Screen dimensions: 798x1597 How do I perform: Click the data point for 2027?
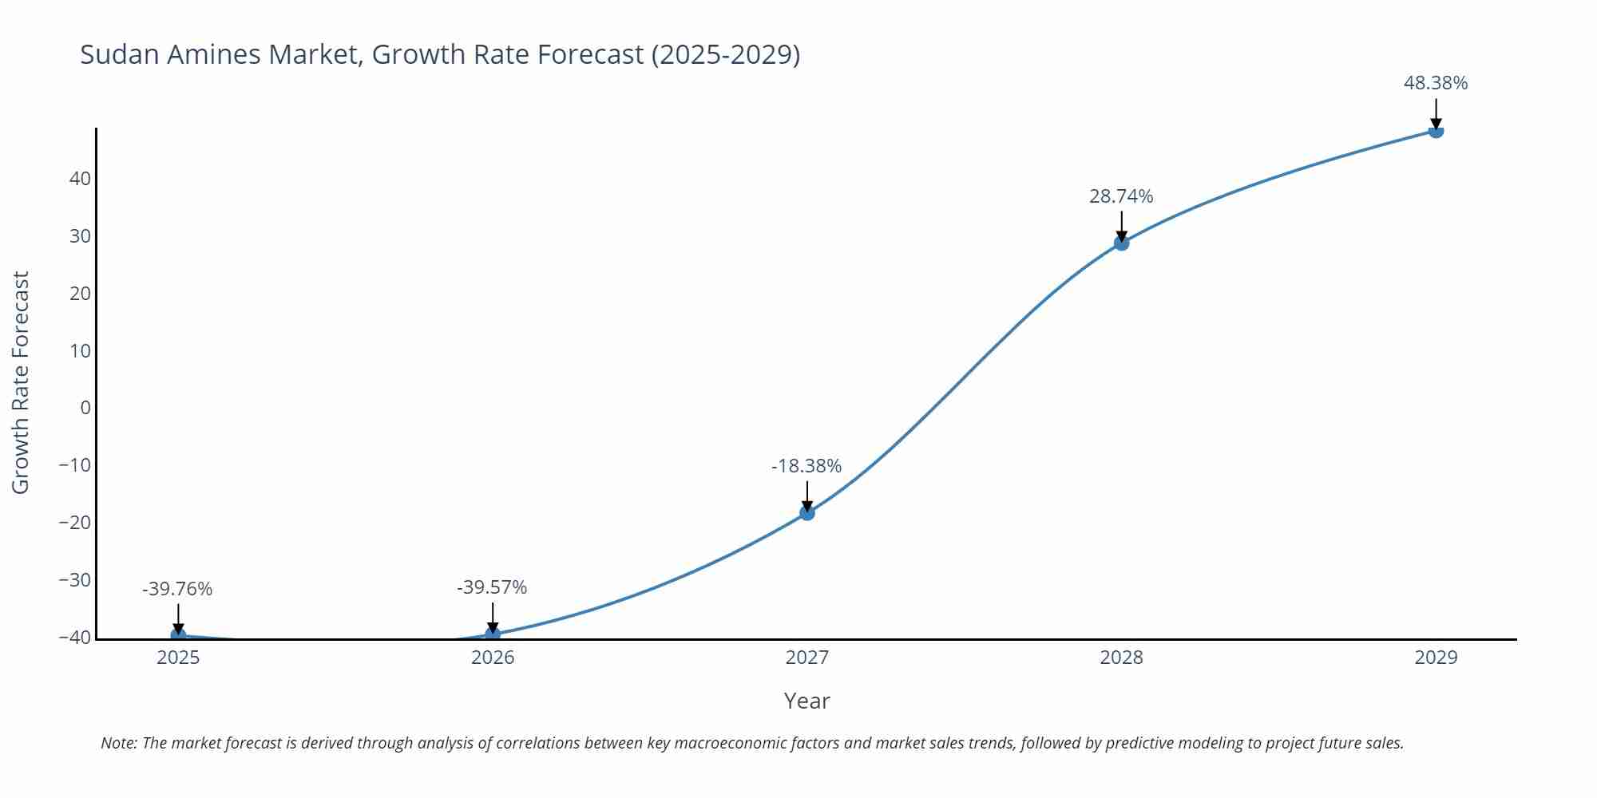pyautogui.click(x=806, y=512)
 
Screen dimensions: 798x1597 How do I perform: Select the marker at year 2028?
pyautogui.click(x=1121, y=243)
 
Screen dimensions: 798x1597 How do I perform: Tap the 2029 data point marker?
pyautogui.click(x=1436, y=130)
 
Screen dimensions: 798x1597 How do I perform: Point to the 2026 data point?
pyautogui.click(x=493, y=634)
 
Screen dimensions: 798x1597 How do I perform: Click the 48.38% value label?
pyautogui.click(x=1436, y=83)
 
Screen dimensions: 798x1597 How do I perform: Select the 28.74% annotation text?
pyautogui.click(x=1121, y=196)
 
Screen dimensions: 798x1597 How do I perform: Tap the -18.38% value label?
pyautogui.click(x=806, y=466)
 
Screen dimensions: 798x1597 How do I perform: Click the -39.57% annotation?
pyautogui.click(x=492, y=588)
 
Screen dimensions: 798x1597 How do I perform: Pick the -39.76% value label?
pyautogui.click(x=177, y=590)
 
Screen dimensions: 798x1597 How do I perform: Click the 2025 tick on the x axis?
pyautogui.click(x=178, y=658)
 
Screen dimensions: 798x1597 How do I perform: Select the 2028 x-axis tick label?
pyautogui.click(x=1121, y=658)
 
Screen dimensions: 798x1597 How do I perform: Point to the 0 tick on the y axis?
pyautogui.click(x=85, y=408)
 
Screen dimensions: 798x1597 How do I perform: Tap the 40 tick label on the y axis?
pyautogui.click(x=80, y=179)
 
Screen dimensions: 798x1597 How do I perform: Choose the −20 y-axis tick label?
pyautogui.click(x=75, y=523)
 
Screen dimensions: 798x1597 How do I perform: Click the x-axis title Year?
pyautogui.click(x=806, y=701)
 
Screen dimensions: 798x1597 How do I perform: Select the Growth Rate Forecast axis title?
pyautogui.click(x=21, y=382)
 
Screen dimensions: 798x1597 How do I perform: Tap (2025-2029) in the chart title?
pyautogui.click(x=725, y=55)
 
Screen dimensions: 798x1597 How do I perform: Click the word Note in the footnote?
pyautogui.click(x=117, y=743)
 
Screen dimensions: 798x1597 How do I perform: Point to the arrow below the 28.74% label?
pyautogui.click(x=1121, y=225)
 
